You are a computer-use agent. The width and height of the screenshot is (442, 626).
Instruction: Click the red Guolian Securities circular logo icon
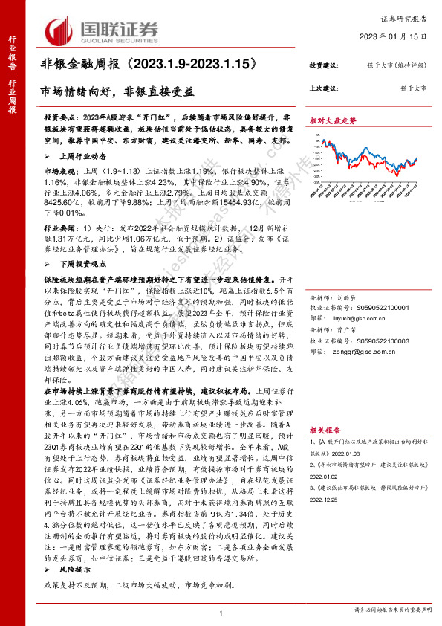pos(59,30)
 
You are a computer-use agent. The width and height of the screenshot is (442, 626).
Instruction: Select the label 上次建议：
pos(325,89)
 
